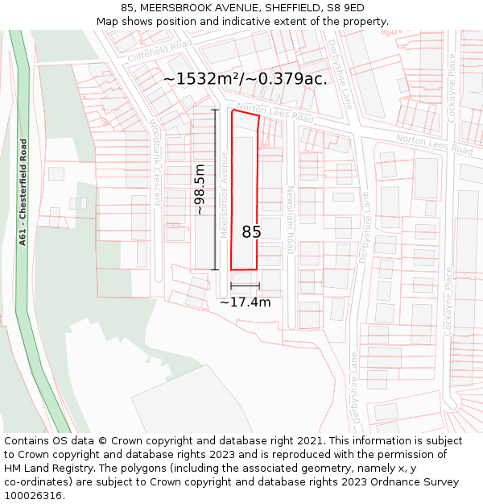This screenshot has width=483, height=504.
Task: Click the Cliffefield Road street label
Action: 159,50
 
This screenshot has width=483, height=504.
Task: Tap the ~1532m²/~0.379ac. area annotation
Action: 245,79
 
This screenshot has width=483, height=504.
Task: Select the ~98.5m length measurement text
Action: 200,190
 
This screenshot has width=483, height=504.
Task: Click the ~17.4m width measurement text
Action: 245,302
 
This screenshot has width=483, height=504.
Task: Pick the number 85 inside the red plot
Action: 251,232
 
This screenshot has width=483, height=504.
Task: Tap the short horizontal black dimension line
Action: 245,285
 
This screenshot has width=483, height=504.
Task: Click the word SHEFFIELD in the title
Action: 281,7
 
